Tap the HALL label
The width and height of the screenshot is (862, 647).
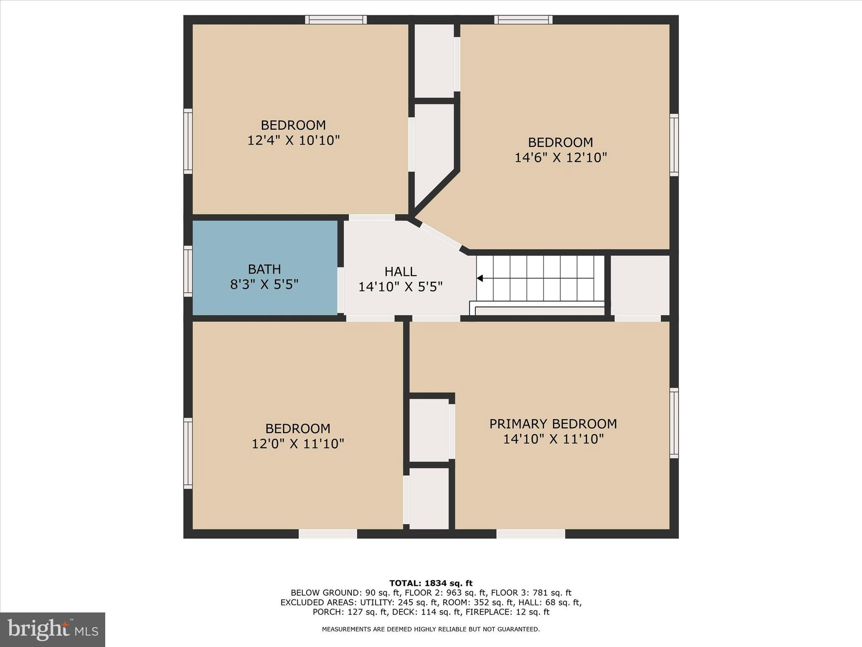click(400, 272)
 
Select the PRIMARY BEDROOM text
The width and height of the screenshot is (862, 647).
click(553, 424)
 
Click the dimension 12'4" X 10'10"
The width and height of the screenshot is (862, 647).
click(293, 140)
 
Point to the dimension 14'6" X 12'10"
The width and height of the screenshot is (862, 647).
click(561, 158)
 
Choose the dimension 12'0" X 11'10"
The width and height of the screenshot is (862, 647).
click(298, 444)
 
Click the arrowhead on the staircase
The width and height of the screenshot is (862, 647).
click(480, 278)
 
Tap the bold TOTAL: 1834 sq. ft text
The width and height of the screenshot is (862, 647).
click(431, 583)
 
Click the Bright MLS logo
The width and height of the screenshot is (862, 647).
click(53, 629)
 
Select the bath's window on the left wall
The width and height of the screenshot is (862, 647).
click(188, 271)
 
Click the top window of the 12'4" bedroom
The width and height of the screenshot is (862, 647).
click(336, 19)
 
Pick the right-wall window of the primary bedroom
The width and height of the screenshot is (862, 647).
click(674, 423)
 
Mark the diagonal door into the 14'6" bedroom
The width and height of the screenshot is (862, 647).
click(440, 236)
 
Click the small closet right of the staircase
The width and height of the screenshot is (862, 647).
click(639, 285)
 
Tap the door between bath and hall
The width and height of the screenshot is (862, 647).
click(341, 290)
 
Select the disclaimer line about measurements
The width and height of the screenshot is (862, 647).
click(431, 629)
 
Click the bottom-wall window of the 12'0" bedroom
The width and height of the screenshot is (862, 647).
click(328, 534)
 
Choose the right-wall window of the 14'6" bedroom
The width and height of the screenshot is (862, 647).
click(674, 145)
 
